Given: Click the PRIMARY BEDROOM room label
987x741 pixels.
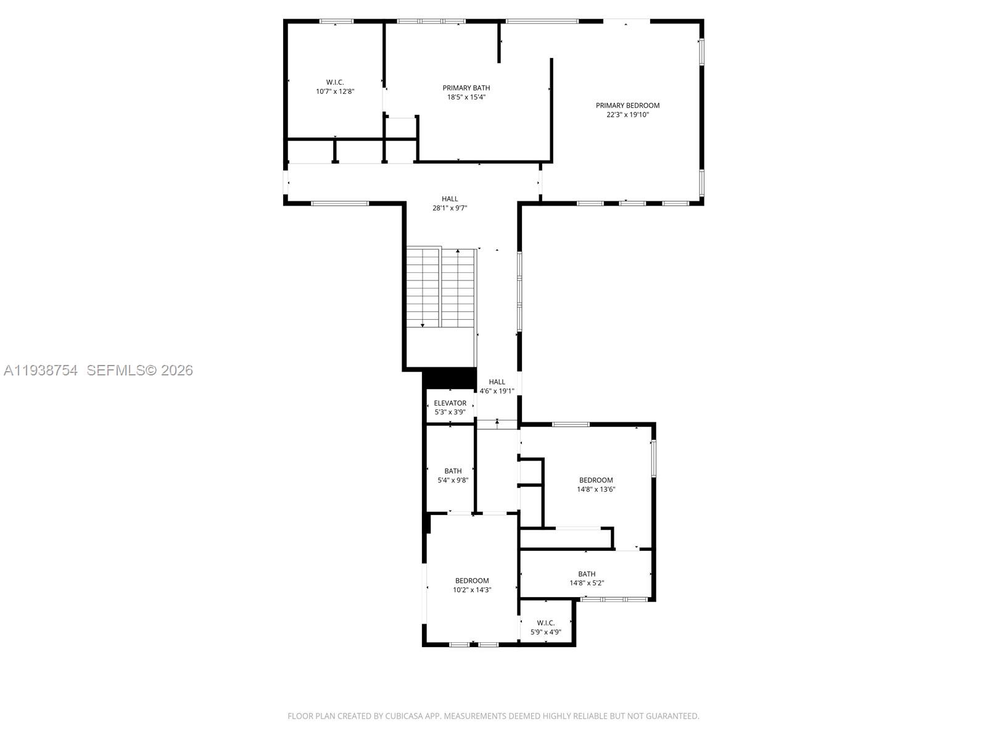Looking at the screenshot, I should tap(627, 106).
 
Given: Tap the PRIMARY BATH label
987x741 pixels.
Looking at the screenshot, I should tap(466, 88).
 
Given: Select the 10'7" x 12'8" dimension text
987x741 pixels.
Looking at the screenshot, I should tap(335, 91).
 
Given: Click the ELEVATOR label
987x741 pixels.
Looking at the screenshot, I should tap(450, 403).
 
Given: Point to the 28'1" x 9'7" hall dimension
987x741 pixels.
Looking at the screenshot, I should tap(450, 208).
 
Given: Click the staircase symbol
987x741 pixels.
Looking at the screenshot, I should tap(441, 287).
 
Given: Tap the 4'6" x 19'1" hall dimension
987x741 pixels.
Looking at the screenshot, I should tap(497, 391).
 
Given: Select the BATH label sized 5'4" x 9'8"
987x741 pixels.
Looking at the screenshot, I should tap(453, 471).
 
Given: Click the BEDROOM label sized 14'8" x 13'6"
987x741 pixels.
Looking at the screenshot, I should tap(596, 480).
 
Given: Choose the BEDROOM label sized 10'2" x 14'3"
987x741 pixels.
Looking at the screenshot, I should tap(472, 580).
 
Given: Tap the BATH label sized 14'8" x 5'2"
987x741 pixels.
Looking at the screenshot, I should tap(587, 574).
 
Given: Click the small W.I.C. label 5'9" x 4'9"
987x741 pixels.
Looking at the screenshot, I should tap(546, 623).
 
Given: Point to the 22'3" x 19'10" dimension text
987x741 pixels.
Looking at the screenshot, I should tap(627, 115).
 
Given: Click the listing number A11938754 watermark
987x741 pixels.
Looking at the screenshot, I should tap(41, 371).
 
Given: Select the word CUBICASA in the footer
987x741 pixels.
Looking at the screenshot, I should tap(403, 716).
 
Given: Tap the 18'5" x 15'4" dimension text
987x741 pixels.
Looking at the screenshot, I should tap(466, 97).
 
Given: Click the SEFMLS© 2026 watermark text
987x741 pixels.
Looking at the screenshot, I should tap(139, 371).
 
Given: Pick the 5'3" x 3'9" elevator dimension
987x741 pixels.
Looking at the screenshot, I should tap(450, 412).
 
